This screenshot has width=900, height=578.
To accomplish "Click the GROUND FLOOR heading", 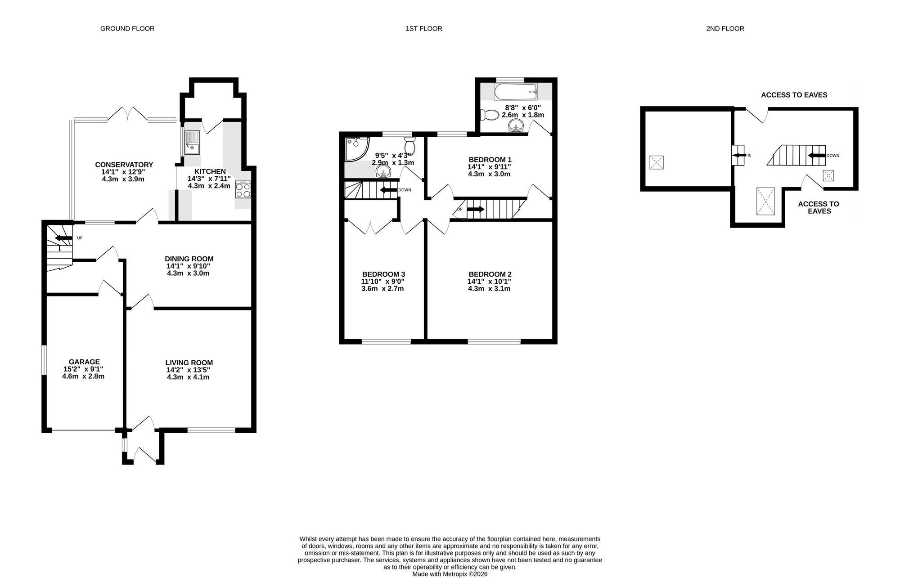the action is (x=127, y=29).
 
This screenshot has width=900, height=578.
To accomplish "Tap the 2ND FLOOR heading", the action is (x=725, y=29).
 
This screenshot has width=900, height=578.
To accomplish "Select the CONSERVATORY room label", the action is (x=124, y=165).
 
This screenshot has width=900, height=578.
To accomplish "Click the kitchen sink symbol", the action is (x=192, y=142).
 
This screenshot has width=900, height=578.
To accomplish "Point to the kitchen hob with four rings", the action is (x=243, y=189).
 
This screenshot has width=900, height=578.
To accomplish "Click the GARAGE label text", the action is (x=84, y=362).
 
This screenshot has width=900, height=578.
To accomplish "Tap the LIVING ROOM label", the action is (x=189, y=363).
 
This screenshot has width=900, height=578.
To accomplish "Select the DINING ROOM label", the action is (x=189, y=259).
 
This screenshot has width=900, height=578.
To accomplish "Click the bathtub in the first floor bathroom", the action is (x=515, y=92).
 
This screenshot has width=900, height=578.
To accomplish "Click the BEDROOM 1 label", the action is (x=490, y=160).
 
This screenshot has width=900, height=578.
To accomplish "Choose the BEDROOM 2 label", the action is (x=490, y=274).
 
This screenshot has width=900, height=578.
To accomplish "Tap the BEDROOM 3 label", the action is (x=383, y=274).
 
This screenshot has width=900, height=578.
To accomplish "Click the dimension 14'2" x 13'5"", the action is (x=189, y=370).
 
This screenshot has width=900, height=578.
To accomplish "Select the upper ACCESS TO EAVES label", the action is (x=794, y=95).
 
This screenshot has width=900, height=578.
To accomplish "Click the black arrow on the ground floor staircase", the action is (x=63, y=238).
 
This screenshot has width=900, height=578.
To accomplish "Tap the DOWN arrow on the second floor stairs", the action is (x=816, y=156).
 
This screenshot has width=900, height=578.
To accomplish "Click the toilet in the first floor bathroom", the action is (x=488, y=116).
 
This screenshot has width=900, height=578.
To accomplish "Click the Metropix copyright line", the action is (x=450, y=574).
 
